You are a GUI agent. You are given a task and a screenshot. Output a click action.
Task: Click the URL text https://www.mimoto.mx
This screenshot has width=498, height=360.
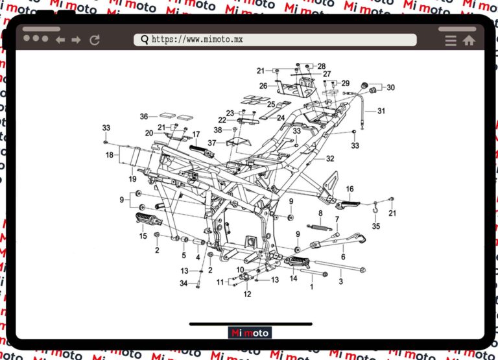click(x=197, y=40)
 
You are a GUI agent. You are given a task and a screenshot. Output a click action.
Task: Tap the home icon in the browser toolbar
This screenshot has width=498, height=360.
click(x=468, y=40)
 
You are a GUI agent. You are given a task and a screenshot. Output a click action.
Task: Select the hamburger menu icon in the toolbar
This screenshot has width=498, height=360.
click(x=451, y=40)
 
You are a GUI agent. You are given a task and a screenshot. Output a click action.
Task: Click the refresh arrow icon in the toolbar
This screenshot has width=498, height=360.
click(x=95, y=40)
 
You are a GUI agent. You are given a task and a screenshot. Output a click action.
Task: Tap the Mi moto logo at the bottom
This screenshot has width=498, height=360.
click(x=250, y=333)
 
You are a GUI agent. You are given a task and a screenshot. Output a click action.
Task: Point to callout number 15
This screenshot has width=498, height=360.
click(x=143, y=236)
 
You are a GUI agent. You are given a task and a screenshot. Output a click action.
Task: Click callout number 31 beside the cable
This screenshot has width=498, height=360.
click(x=381, y=111)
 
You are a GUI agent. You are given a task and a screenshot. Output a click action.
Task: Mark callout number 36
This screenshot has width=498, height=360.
click(x=144, y=117)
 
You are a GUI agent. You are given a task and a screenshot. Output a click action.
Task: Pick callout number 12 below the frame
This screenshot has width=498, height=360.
click(x=247, y=294)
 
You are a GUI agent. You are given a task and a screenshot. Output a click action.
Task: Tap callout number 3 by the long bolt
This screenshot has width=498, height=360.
click(x=340, y=282)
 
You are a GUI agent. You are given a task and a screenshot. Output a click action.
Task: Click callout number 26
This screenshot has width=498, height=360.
click(x=263, y=86)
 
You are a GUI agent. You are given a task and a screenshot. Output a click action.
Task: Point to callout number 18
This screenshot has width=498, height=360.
click(x=110, y=156)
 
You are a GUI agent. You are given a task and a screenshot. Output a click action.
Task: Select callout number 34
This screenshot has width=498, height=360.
click(x=184, y=283)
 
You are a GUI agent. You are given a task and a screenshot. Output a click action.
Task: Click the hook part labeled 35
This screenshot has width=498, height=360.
click(x=375, y=210)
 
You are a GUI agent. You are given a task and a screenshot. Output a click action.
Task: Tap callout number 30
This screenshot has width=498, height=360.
click(x=390, y=88)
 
